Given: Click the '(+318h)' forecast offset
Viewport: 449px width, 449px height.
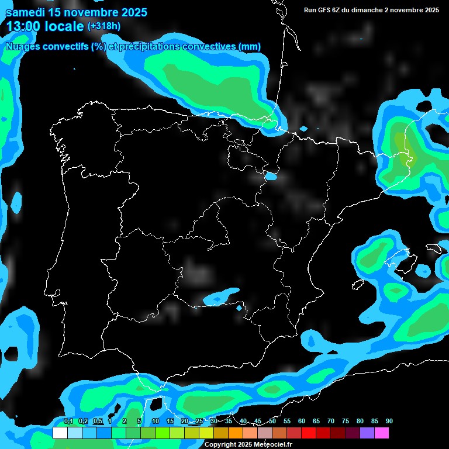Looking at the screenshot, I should click(x=104, y=26).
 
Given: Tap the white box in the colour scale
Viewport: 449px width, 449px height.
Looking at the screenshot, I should click(x=60, y=433).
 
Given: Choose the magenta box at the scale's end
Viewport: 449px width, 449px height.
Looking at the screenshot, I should click(x=382, y=433).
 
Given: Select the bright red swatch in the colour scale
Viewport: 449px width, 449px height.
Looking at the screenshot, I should click(x=309, y=433).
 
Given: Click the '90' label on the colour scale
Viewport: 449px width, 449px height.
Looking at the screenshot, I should click(x=389, y=422).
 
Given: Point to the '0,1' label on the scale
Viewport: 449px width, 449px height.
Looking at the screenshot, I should click(x=68, y=422).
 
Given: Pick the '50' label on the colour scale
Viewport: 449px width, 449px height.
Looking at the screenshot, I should click(x=272, y=422).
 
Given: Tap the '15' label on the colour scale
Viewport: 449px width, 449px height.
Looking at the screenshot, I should click(x=170, y=422).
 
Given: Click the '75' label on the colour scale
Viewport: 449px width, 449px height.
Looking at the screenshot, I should click(x=346, y=422).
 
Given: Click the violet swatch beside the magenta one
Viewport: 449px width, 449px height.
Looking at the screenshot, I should click(x=367, y=433).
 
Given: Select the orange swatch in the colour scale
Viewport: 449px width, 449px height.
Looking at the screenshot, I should click(x=236, y=433).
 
